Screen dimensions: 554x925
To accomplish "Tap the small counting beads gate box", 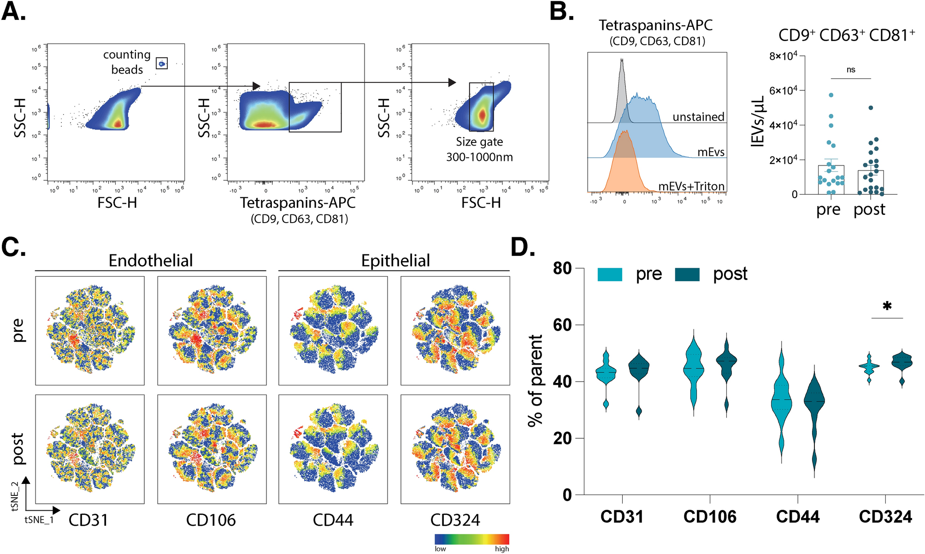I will pos(162,63).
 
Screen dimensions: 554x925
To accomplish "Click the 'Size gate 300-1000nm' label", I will pos(479,149).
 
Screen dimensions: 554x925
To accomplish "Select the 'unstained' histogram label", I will pos(698,117).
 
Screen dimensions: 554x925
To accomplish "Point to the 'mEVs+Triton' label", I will pos(691,186).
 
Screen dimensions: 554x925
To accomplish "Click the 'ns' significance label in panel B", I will pos(851,70).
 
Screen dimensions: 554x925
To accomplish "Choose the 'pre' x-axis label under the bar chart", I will pos(828,210).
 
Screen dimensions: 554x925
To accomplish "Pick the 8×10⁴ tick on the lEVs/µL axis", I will pos(783,56).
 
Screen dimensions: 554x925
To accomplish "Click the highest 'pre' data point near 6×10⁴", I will pos(831,95).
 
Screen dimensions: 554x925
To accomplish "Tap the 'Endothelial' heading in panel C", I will pos(151,260).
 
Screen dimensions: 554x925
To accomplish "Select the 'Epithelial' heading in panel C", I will pos(395,260).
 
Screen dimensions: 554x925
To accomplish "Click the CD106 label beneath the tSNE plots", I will pos(211,520).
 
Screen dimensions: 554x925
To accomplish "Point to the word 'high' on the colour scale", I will pos(502,549).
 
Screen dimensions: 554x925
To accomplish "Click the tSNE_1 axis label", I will pos(39,520).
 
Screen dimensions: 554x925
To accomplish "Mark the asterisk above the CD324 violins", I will pos(887,306).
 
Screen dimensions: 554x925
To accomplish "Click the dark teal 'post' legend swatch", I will pos(687,275).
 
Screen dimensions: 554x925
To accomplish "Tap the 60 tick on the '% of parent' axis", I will pos(562,325).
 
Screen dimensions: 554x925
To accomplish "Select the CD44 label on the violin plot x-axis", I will pos(798,517).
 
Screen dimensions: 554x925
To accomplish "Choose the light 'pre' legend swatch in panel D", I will pos(609,275).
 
